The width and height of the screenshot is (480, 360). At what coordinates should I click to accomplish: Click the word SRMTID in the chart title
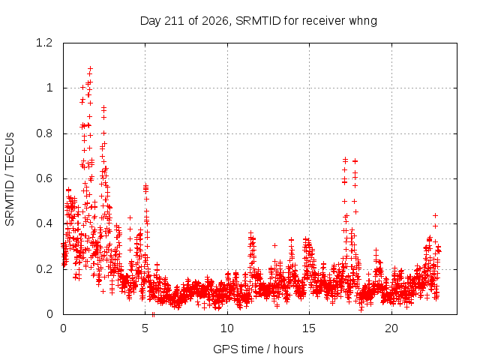click(x=258, y=21)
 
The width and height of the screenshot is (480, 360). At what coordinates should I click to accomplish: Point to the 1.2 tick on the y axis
click(x=44, y=43)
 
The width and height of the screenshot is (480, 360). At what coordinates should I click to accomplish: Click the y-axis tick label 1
click(x=49, y=88)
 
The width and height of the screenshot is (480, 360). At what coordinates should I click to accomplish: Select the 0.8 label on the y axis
click(x=44, y=133)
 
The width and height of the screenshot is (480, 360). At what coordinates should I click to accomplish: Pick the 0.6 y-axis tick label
click(x=44, y=178)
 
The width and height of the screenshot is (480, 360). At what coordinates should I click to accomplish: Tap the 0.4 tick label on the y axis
click(x=44, y=223)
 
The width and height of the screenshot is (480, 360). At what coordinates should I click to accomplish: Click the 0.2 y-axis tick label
click(x=44, y=269)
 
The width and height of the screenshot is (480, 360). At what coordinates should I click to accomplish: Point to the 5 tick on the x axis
click(x=145, y=328)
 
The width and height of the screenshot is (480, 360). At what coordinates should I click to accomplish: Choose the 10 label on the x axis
click(x=227, y=328)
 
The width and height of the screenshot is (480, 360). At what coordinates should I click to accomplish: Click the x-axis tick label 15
click(x=309, y=328)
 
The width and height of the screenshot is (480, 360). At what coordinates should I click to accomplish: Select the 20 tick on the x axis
click(x=391, y=328)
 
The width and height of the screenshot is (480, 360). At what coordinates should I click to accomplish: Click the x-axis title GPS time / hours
click(x=258, y=349)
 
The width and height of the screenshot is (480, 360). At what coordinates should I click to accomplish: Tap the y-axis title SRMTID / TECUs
click(x=10, y=179)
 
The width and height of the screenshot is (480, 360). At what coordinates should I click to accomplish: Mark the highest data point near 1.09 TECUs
click(x=90, y=68)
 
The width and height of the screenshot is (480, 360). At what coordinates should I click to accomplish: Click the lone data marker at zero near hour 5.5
click(x=153, y=314)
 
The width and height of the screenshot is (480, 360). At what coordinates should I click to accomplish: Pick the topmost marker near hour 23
click(x=435, y=215)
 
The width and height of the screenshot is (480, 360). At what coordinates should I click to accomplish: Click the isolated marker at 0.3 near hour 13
click(x=274, y=245)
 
